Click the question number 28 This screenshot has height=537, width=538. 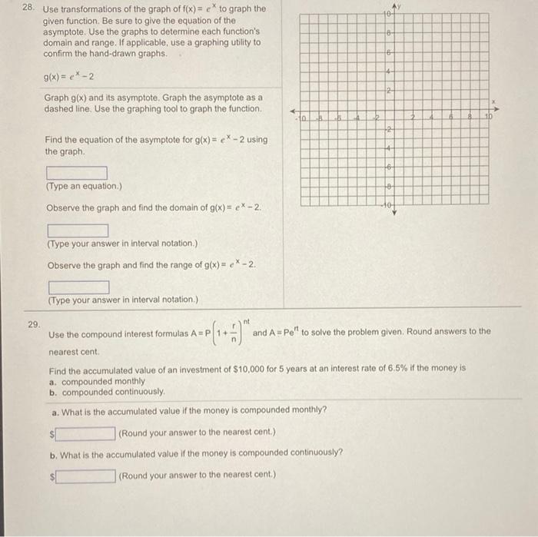point(27,8)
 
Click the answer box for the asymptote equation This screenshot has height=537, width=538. point(77,173)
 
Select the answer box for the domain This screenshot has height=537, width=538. point(78,230)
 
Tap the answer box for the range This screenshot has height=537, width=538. point(78,287)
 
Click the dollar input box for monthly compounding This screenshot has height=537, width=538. point(85,433)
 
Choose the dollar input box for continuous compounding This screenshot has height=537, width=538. point(85,475)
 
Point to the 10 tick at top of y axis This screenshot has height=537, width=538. point(389,15)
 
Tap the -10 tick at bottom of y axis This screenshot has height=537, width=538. point(389,204)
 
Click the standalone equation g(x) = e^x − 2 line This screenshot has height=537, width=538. point(70,77)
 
